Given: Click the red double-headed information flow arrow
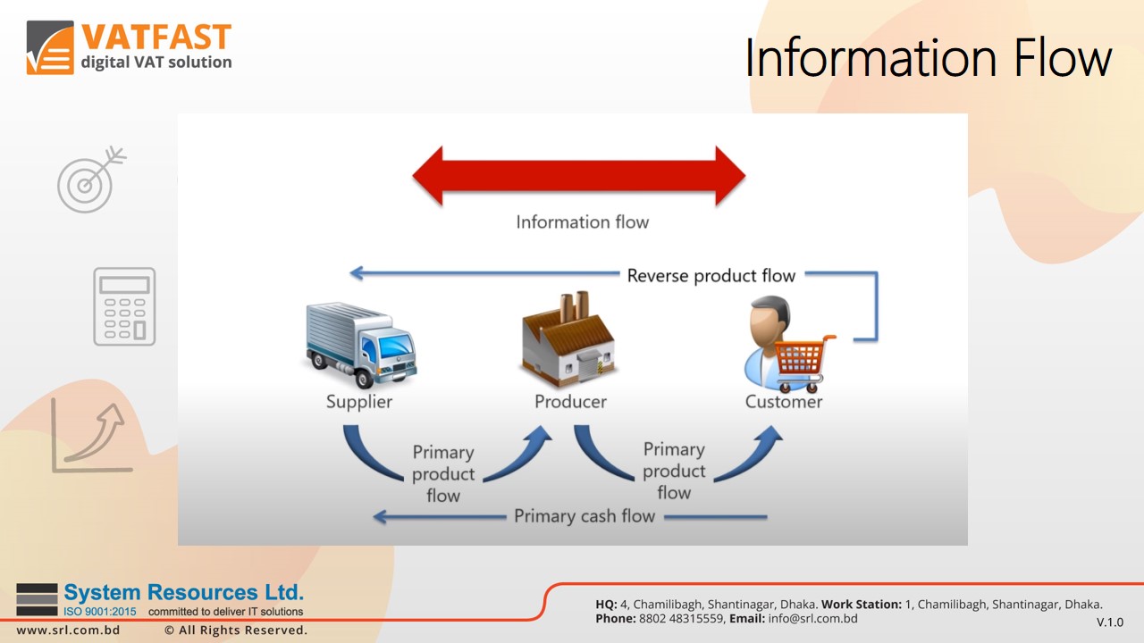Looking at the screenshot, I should [578, 176].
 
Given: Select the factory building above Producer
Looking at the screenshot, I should [568, 340].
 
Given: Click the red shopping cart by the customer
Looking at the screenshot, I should [802, 361].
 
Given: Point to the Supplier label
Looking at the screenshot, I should [359, 402].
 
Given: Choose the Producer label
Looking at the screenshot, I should [570, 402].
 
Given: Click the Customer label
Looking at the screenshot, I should [784, 402].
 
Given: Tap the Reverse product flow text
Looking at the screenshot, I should [711, 275].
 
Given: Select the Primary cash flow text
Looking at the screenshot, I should [585, 516].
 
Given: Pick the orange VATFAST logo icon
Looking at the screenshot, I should [50, 47].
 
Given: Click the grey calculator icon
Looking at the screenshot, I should [124, 306].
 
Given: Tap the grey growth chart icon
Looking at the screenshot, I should [92, 437].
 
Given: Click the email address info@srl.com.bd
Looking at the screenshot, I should [812, 618].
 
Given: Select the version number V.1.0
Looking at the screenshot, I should [1109, 622].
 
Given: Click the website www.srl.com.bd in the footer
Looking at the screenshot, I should [68, 630].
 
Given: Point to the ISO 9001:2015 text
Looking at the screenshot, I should [100, 612].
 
